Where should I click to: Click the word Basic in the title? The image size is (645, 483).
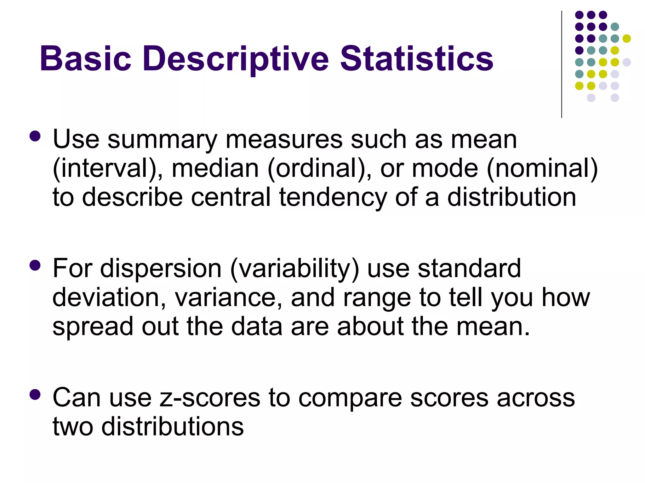click(85, 59)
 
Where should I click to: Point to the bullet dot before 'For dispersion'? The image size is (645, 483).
click(35, 265)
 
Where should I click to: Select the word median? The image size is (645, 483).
click(215, 169)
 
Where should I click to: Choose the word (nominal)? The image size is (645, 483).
click(542, 169)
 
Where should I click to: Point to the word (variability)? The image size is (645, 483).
click(294, 269)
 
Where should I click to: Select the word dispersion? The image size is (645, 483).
click(161, 269)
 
